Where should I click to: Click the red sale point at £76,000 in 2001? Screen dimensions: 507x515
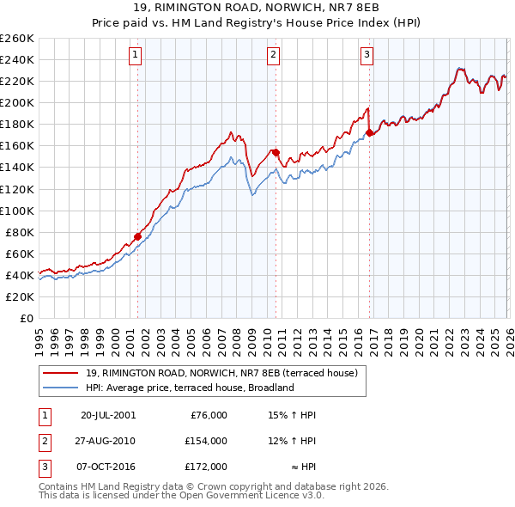(137, 236)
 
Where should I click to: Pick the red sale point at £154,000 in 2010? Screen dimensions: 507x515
(276, 152)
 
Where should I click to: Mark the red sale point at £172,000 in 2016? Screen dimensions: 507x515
(369, 132)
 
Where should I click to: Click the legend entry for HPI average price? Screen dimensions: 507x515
(190, 388)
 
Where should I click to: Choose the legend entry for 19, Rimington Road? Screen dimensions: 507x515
(227, 373)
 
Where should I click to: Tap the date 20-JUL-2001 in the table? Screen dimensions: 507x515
(107, 415)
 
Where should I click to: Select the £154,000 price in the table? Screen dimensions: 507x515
(205, 441)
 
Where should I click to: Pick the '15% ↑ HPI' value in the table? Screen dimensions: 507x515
(293, 415)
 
